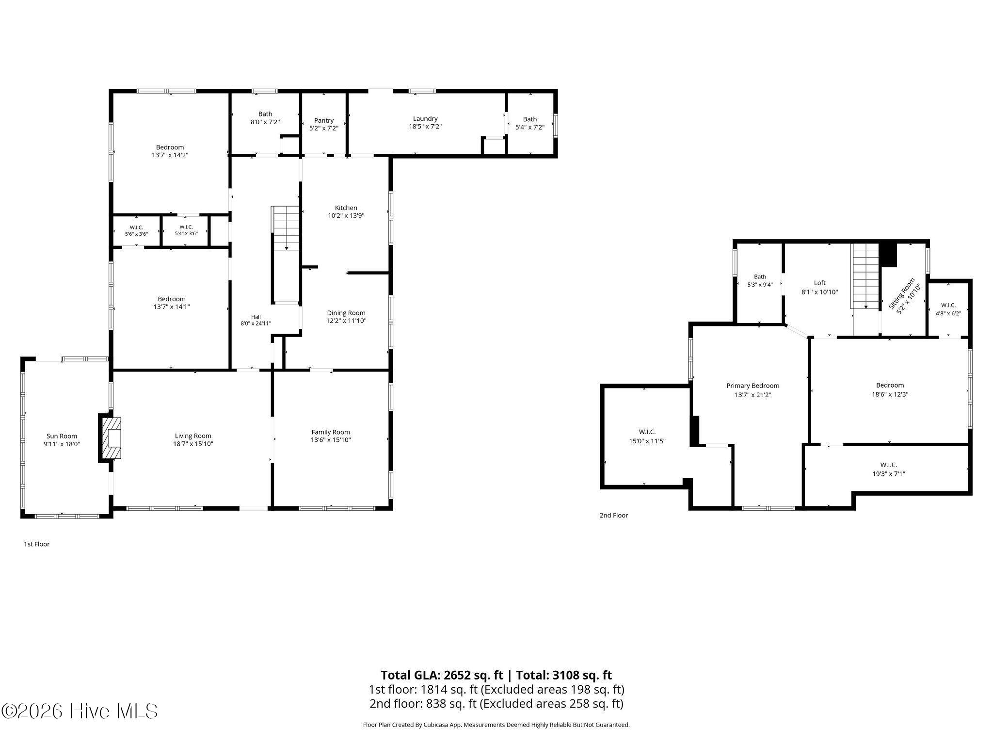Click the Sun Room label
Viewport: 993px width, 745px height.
[x=62, y=436]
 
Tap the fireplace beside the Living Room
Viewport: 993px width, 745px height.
[x=111, y=438]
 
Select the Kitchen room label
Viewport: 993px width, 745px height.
[x=346, y=208]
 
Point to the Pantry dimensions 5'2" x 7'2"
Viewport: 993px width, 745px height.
[x=323, y=128]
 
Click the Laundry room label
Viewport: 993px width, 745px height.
[x=425, y=119]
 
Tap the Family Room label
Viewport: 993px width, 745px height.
[x=331, y=432]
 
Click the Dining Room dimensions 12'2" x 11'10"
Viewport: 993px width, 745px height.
[x=346, y=321]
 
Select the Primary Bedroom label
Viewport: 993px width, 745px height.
[x=753, y=386]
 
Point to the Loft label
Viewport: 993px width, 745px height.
[x=819, y=283]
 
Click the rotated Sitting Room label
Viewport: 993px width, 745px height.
[x=902, y=293]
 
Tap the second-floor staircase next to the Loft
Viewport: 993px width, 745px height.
[x=866, y=276]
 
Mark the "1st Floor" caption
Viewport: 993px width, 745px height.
[x=37, y=544]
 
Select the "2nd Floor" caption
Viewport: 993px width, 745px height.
[x=614, y=515]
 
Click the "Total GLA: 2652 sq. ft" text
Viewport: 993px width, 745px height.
[x=442, y=675]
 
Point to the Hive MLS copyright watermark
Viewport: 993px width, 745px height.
[x=80, y=712]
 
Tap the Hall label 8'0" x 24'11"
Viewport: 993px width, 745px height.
[x=256, y=320]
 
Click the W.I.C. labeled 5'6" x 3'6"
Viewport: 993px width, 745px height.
[x=136, y=230]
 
